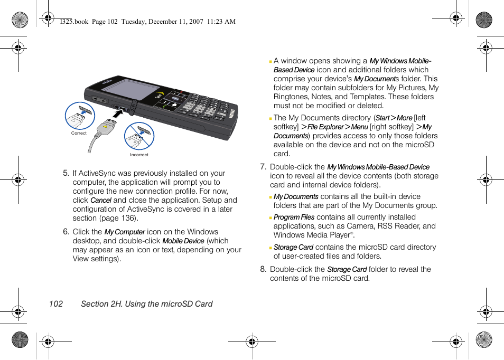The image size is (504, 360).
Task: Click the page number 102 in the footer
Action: pos(55,304)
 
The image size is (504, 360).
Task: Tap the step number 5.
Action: pos(66,173)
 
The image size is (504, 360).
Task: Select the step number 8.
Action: pos(263,269)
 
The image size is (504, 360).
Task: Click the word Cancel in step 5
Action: pos(100,201)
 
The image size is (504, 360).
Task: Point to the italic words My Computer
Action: pos(125,232)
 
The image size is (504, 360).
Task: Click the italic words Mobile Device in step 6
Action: pos(183,241)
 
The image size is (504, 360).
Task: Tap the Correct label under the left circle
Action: pos(79,134)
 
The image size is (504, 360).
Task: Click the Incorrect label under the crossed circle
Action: pos(139,155)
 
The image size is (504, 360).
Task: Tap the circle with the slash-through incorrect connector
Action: pos(139,136)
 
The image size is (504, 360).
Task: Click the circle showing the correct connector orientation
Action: pos(80,116)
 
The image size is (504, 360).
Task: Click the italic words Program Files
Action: pos(294,217)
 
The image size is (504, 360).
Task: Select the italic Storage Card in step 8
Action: pos(347,270)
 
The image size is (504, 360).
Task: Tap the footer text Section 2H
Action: pos(101,304)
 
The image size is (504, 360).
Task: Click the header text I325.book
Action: pos(74,22)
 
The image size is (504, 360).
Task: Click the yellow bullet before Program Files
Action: pos(270,218)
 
